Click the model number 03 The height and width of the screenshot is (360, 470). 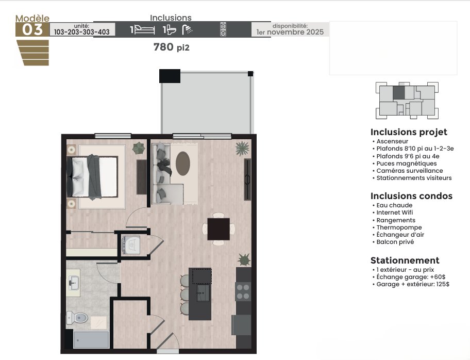click(32, 30)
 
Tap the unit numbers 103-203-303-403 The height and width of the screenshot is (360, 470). click(81, 32)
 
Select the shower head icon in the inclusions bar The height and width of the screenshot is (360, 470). click(188, 29)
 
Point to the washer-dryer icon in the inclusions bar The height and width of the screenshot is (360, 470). click(223, 29)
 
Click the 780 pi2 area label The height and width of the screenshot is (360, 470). click(172, 47)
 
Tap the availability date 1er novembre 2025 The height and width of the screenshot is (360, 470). click(290, 32)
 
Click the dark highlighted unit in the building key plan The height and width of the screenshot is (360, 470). click(399, 92)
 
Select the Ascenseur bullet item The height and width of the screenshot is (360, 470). click(392, 141)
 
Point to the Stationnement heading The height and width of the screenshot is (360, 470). click(405, 260)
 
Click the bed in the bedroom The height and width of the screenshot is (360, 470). click(92, 177)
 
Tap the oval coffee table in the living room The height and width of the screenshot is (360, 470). click(183, 163)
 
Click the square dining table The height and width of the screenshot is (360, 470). click(219, 229)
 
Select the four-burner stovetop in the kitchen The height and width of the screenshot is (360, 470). click(243, 291)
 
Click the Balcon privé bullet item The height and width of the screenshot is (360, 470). click(395, 242)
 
